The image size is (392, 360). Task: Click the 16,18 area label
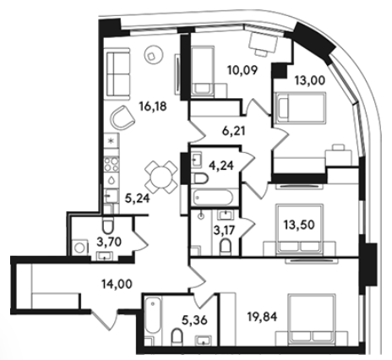point(153,106)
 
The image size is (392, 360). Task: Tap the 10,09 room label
point(242,70)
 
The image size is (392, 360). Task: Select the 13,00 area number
point(310,80)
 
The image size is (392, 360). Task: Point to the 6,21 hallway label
point(233,131)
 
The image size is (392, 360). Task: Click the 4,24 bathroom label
point(221,166)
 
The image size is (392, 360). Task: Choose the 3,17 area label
point(224,231)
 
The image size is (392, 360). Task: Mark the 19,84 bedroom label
point(262,317)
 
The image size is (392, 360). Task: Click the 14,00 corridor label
point(117,284)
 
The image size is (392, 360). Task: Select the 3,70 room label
point(109,242)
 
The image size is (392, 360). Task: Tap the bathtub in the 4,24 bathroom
point(212,197)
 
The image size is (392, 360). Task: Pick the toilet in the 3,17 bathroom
point(226,246)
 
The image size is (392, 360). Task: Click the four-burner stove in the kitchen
point(112,165)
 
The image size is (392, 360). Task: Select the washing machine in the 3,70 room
point(79,248)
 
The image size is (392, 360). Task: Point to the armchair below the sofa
point(122,117)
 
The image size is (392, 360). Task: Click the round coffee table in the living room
point(154,55)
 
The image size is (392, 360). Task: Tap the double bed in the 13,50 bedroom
point(300,229)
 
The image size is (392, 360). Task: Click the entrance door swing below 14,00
point(105,320)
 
